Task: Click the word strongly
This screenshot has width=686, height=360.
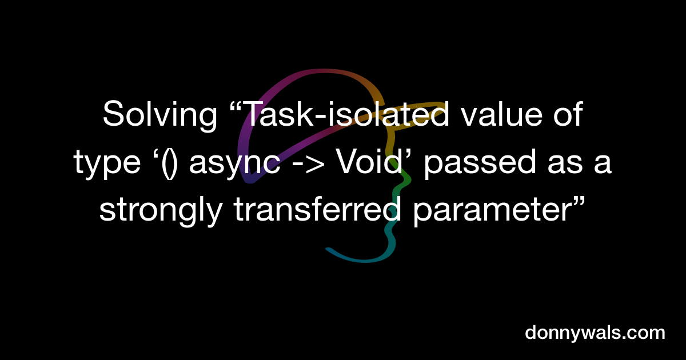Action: pyautogui.click(x=161, y=212)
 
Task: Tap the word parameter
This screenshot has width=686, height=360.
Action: pyautogui.click(x=489, y=212)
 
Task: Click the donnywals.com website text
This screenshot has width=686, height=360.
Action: pyautogui.click(x=595, y=333)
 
